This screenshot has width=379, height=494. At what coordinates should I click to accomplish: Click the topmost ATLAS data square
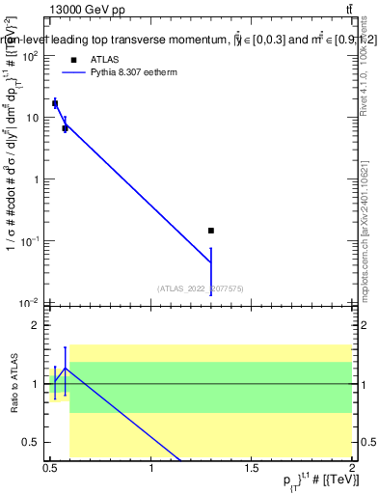[55, 103]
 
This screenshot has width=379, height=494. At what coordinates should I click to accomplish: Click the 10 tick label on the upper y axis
[33, 118]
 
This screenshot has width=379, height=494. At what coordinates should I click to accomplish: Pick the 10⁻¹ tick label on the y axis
[30, 240]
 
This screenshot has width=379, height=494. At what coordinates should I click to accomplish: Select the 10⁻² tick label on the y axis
[30, 302]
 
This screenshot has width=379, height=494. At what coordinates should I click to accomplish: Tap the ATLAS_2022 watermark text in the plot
[201, 288]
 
